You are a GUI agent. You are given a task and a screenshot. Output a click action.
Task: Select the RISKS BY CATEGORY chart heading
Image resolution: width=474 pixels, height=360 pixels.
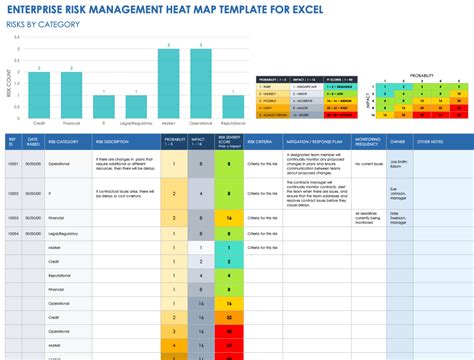[x=39, y=26]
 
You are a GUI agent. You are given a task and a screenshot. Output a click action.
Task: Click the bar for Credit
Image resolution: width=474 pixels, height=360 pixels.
[x=37, y=95]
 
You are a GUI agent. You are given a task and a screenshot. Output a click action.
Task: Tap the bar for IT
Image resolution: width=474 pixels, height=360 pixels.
[x=103, y=108]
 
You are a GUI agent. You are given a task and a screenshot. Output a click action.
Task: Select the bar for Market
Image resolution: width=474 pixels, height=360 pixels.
[x=168, y=82]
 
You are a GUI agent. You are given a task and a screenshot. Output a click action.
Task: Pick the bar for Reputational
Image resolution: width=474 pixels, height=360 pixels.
[x=233, y=108]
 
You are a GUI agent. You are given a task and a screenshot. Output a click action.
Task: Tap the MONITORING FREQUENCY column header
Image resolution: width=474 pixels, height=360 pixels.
[x=367, y=141]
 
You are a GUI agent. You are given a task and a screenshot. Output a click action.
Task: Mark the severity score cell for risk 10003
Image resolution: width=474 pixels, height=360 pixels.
[x=230, y=214]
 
